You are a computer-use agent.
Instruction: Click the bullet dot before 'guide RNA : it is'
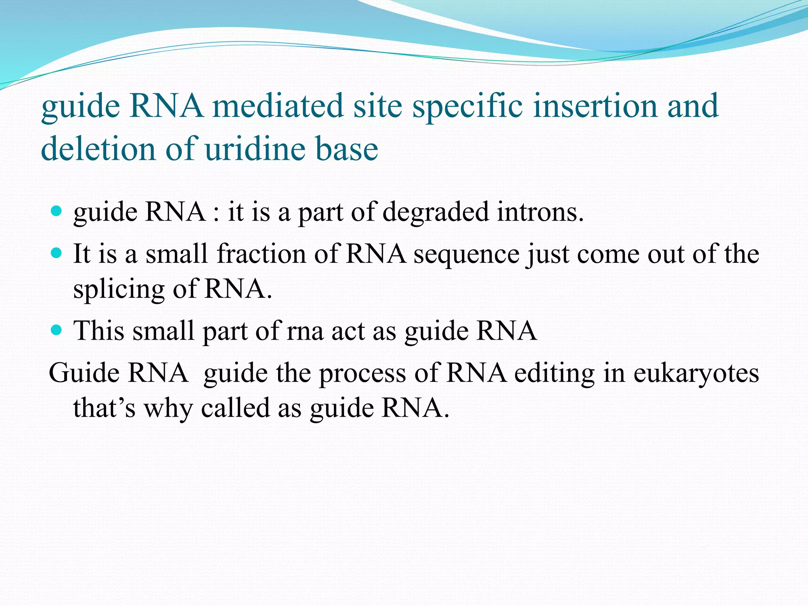(x=57, y=211)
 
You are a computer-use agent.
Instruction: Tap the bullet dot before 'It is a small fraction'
(x=57, y=252)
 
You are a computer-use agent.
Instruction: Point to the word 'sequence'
(x=466, y=254)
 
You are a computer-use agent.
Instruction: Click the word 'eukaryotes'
(x=696, y=373)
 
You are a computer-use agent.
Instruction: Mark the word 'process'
(x=362, y=374)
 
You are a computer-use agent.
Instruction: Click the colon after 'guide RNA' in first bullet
(x=216, y=213)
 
